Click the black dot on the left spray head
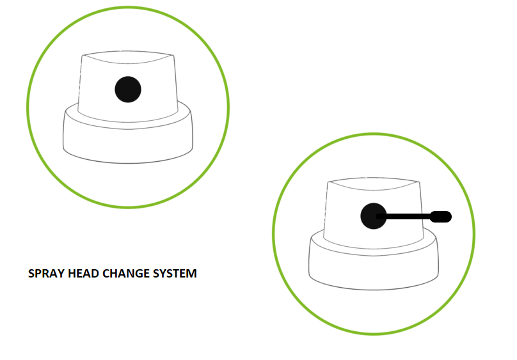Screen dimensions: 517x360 pyautogui.click(x=128, y=90)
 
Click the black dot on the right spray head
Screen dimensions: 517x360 pyautogui.click(x=374, y=216)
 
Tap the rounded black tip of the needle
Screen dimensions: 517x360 pyautogui.click(x=441, y=217)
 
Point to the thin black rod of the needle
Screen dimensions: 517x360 pyautogui.click(x=404, y=216)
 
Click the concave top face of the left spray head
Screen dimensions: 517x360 pyautogui.click(x=128, y=57)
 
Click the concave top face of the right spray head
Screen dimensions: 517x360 pyautogui.click(x=374, y=184)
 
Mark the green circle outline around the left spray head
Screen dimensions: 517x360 pyautogui.click(x=27, y=107)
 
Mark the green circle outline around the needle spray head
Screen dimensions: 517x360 pyautogui.click(x=273, y=234)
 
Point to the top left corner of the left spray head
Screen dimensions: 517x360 pyautogui.click(x=83, y=56)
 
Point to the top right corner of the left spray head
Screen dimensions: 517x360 pyautogui.click(x=173, y=56)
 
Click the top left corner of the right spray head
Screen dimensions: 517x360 pyautogui.click(x=328, y=182)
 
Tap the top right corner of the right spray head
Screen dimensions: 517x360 pyautogui.click(x=419, y=182)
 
